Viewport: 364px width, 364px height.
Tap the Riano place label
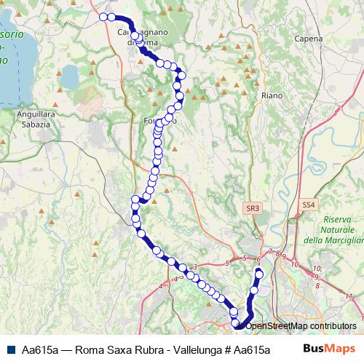pos(272,95)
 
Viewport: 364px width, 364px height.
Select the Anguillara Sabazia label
pos(31,119)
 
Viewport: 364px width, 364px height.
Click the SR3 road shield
pos(253,208)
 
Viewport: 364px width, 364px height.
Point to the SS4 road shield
pos(309,206)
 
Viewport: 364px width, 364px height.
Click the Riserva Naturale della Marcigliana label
pos(333,229)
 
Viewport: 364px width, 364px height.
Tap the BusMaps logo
pos(330,349)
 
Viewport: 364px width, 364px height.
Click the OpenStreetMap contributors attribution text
pos(301,325)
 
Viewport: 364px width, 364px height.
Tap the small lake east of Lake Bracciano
pos(71,75)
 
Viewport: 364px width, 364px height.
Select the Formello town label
pos(161,120)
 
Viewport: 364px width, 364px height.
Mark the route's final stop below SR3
pos(258,273)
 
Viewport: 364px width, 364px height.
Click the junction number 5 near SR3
pos(227,261)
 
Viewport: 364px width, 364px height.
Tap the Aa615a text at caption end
pos(253,349)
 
